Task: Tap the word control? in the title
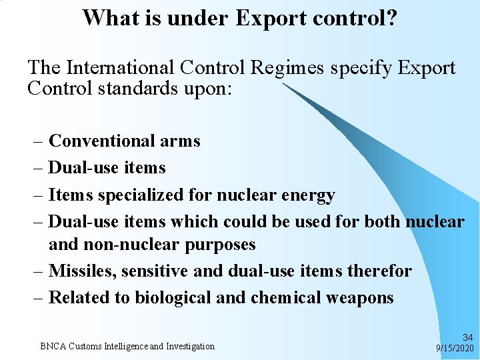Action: (361, 18)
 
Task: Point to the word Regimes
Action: (291, 68)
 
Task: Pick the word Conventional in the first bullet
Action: (102, 141)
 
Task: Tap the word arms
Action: (180, 141)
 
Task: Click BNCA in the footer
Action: (51, 346)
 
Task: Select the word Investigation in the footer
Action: (190, 346)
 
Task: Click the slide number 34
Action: (467, 338)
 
